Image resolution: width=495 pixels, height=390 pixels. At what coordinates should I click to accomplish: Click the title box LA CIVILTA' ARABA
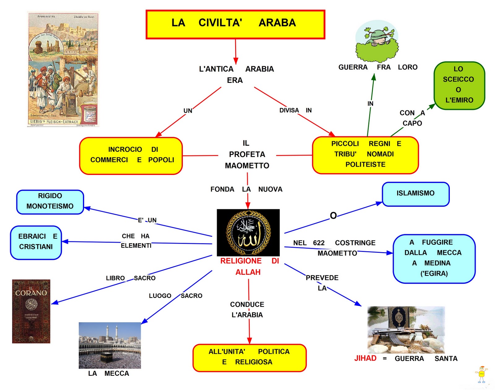(235, 24)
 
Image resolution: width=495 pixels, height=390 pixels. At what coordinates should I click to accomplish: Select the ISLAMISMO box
(415, 194)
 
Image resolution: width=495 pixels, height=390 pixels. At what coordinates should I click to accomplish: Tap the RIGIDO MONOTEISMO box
(50, 201)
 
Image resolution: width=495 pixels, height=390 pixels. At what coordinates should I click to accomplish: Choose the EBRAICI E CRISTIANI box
(36, 242)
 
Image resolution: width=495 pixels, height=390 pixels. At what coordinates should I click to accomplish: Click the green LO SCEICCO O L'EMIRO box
(459, 85)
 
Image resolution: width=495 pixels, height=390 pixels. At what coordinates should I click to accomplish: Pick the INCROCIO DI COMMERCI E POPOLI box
(131, 155)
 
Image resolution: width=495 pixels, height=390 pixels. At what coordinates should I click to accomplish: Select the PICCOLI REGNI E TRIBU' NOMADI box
(365, 155)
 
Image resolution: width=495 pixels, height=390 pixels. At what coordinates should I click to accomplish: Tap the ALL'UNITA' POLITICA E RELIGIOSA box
(249, 357)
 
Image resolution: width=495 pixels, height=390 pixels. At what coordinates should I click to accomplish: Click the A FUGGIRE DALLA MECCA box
(434, 258)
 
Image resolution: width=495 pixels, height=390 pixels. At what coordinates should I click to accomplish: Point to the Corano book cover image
(31, 311)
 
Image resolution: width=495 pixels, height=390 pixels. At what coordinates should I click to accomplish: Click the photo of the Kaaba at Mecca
(110, 345)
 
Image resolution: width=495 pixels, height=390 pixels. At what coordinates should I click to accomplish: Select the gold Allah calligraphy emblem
(248, 232)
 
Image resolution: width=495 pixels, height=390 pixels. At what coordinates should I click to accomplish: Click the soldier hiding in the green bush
(377, 42)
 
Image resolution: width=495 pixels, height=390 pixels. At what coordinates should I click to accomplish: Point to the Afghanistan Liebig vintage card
(63, 69)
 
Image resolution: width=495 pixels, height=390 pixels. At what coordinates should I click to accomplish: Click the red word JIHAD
(365, 358)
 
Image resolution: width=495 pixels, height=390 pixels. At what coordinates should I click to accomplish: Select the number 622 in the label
(319, 243)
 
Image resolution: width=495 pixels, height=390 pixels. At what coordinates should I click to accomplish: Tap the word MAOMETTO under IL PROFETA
(247, 166)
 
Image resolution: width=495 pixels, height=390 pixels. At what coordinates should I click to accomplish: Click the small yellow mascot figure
(481, 374)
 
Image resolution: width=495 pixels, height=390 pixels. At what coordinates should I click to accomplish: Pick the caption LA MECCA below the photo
(108, 373)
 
